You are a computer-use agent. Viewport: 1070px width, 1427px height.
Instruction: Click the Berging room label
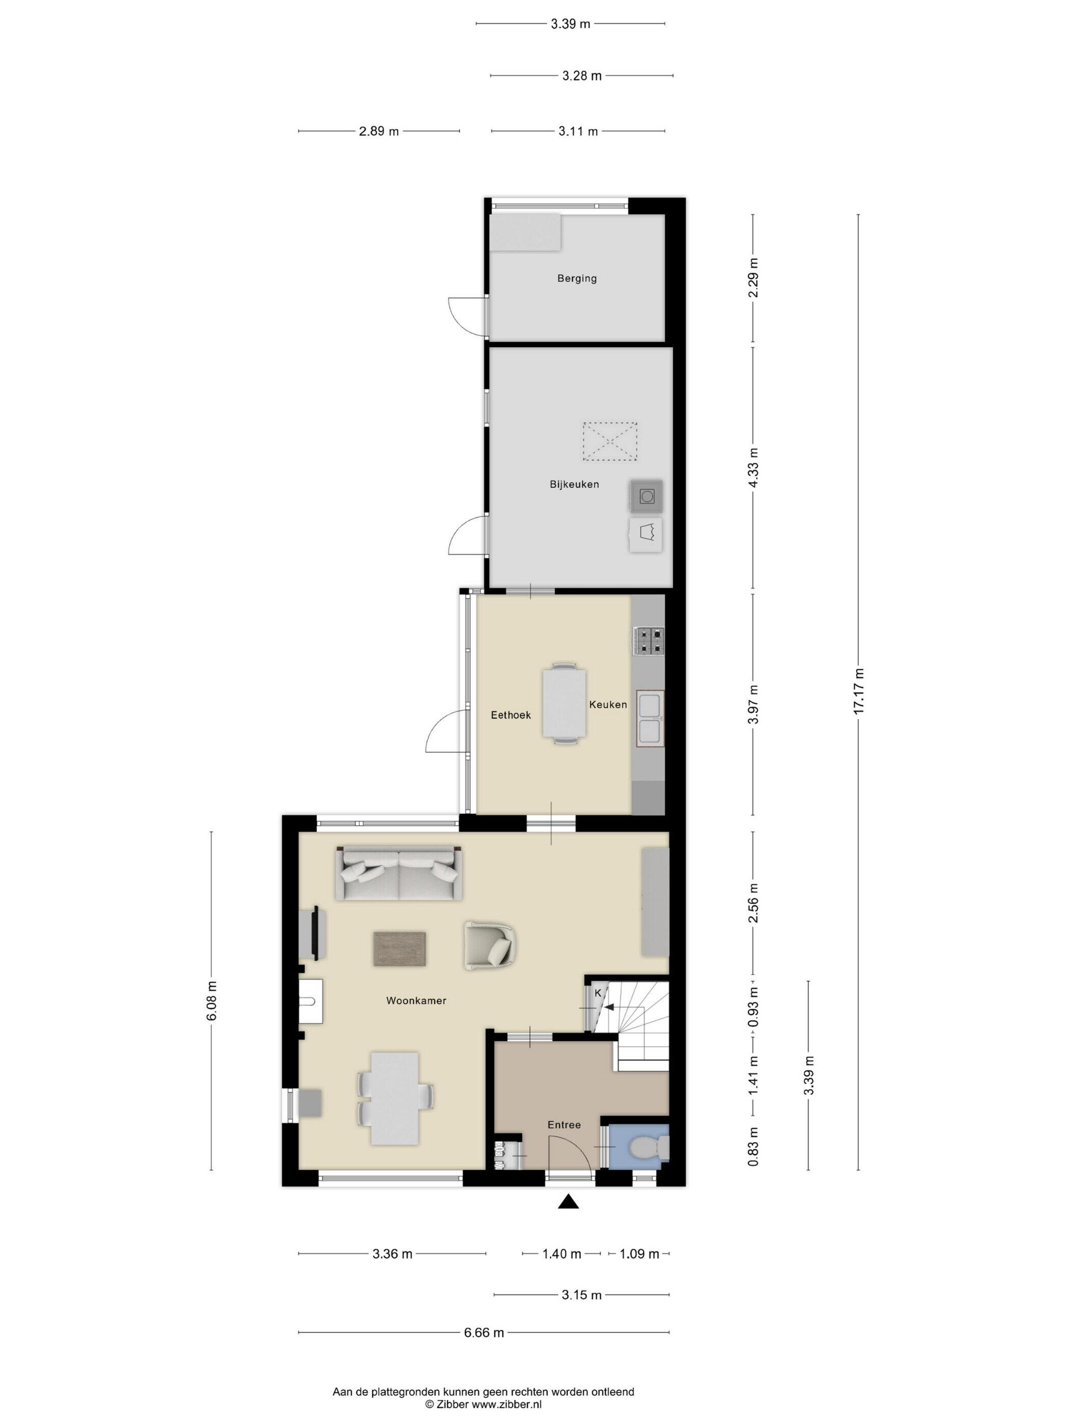tap(577, 279)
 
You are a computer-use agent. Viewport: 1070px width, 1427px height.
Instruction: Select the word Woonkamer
tap(416, 1000)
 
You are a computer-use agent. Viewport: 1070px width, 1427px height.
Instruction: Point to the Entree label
tap(564, 1124)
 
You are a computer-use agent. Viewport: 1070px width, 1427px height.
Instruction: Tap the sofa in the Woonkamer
tap(398, 874)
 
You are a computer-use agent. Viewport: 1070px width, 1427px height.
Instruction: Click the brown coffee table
tap(399, 949)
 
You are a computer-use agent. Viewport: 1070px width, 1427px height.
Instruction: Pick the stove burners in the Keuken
tap(649, 641)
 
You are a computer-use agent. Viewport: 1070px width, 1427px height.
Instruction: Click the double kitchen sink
tap(650, 718)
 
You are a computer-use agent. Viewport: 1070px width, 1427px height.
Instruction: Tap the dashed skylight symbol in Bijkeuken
tap(609, 441)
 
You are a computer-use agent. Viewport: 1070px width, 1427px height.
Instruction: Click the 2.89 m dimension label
tap(379, 131)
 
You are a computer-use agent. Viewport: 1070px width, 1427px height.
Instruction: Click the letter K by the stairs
tap(598, 993)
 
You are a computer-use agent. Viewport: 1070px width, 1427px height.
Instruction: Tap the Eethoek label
tap(511, 715)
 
